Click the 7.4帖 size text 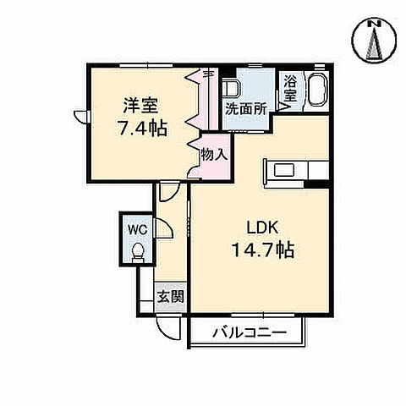142,128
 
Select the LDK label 262,228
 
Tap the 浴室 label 289,89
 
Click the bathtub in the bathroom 317,89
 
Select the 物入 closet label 212,155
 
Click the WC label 137,228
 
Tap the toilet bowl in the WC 138,251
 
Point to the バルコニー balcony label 250,332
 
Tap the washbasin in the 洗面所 232,89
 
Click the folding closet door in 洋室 203,106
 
